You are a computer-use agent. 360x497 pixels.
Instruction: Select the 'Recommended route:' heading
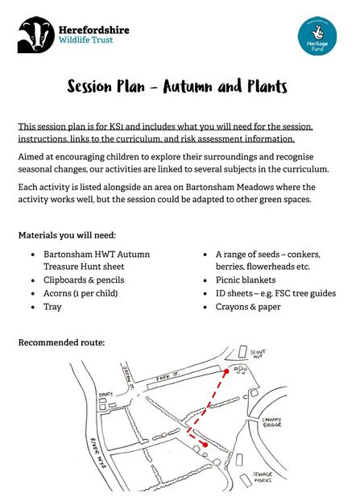click(61, 342)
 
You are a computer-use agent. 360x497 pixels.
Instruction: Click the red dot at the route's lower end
click(205, 444)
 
